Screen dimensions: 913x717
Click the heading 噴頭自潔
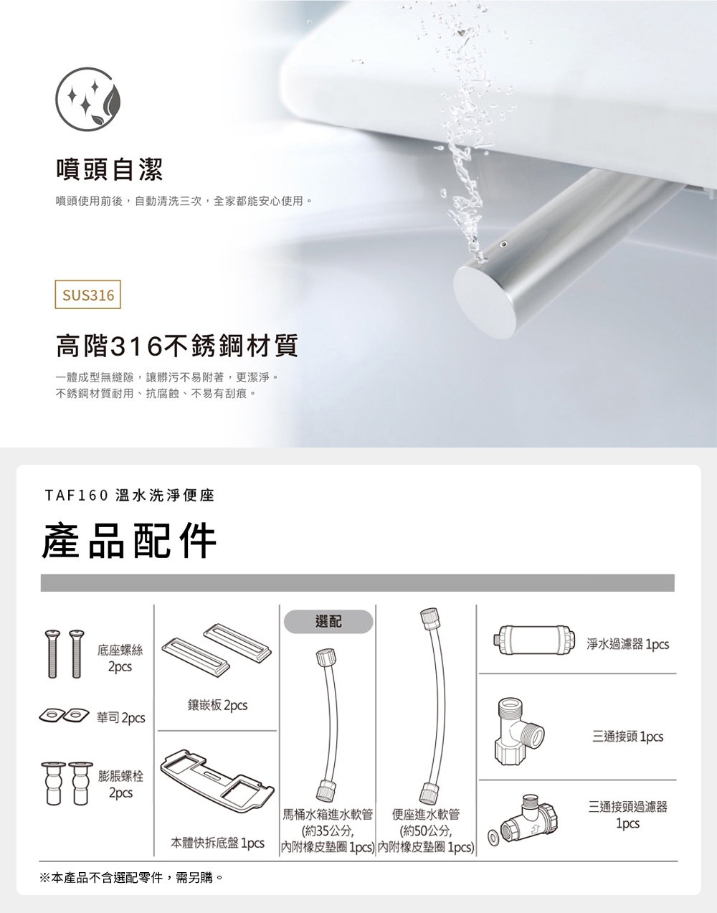110,169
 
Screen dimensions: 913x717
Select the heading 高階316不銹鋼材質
176,348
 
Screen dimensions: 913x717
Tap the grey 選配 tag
328,622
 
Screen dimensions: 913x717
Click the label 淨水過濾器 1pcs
627,645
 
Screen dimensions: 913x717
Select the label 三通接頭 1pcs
627,737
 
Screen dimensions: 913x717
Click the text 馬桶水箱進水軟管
327,814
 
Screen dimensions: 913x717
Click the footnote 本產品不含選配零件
133,877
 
